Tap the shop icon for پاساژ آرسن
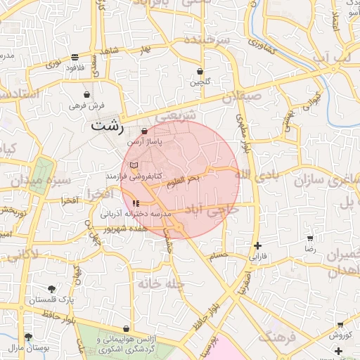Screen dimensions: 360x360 point(145,131)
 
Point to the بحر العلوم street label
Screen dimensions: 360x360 point(184,180)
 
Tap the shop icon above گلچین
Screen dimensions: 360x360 point(201,72)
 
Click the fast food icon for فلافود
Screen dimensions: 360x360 point(75,58)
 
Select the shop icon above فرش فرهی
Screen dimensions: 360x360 point(86,94)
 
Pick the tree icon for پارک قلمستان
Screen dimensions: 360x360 point(51,289)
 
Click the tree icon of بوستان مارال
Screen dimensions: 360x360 point(28,337)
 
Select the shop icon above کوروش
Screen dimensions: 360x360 point(340,325)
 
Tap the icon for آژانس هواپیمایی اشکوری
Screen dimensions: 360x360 point(126,328)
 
